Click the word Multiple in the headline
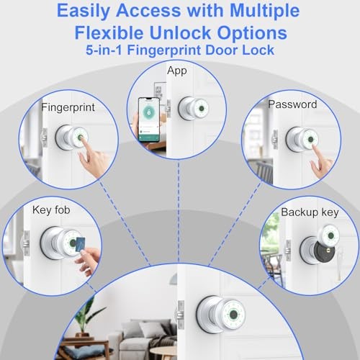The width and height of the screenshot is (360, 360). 264,11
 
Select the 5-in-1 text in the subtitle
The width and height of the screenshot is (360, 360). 104,50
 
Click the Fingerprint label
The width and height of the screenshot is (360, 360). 68,107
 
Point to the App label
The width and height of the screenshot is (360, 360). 177,71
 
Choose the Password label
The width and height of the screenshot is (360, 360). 292,104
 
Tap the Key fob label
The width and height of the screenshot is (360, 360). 51,210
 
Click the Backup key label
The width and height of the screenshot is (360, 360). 310,212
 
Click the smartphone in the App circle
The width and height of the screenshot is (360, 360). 149,120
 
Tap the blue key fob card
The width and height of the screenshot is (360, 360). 81,244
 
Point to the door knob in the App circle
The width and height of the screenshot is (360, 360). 194,109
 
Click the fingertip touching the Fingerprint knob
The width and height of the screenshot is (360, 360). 81,139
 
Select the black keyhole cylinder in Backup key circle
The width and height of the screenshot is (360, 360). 325,252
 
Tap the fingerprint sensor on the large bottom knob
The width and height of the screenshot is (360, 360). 233,313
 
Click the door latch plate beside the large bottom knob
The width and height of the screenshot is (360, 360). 181,315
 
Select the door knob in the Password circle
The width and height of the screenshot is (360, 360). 302,140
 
